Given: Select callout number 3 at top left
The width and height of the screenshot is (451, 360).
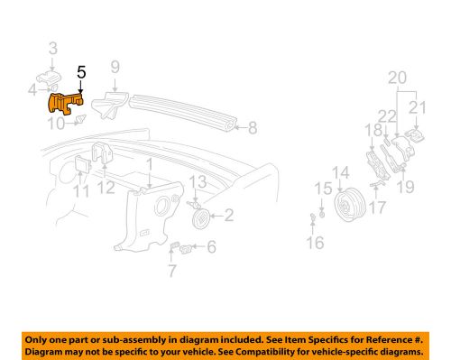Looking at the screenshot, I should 52,48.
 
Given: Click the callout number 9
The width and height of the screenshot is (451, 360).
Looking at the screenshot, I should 115,66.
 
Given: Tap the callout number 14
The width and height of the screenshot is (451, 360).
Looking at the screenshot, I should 340,172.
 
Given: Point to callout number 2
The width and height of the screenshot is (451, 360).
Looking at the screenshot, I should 229,215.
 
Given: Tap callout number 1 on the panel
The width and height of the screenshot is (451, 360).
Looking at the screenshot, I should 148,166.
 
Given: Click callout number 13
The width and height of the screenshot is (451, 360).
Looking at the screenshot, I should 192,184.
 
